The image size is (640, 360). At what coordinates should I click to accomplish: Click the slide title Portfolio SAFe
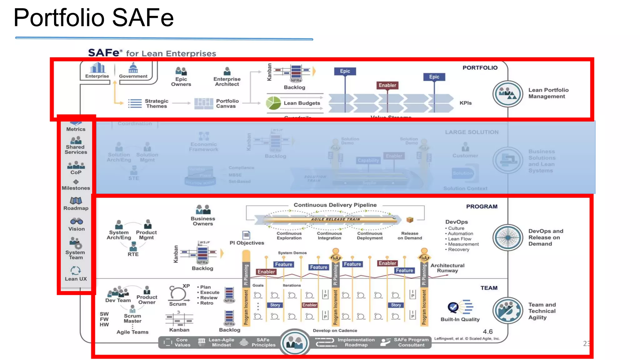click(93, 18)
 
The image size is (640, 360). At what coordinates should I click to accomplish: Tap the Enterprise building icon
click(97, 67)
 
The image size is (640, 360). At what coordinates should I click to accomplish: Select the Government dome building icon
click(133, 67)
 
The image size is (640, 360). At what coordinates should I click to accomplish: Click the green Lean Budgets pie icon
click(273, 103)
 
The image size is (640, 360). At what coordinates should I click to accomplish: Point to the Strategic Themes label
click(156, 103)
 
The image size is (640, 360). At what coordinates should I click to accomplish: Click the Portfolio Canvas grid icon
click(203, 103)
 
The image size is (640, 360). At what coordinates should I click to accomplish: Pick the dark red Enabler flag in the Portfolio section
click(387, 85)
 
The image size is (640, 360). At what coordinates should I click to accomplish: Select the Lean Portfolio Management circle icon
click(507, 94)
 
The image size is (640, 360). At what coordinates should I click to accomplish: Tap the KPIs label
click(465, 103)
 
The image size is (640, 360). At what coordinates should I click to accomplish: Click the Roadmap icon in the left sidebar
click(76, 201)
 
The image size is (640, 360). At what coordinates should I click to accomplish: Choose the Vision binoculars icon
click(77, 222)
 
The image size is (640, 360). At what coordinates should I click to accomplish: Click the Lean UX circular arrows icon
click(76, 270)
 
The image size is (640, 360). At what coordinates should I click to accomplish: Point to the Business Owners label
click(203, 221)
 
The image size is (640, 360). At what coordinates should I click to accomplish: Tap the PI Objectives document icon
click(246, 235)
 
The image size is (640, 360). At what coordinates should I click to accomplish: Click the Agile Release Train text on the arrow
click(335, 219)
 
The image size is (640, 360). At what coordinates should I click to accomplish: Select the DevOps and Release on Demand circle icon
click(507, 237)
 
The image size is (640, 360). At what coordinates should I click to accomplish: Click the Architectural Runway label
click(447, 268)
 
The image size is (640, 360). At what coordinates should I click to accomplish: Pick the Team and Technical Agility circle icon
click(507, 311)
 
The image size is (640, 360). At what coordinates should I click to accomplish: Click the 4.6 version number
click(487, 332)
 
